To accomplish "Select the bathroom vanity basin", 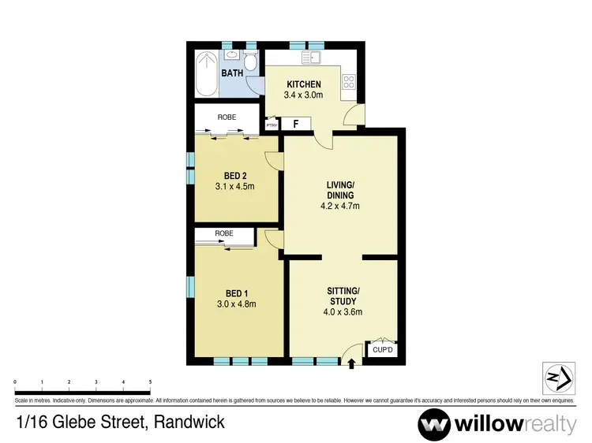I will tap(233, 56).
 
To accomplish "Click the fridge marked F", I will tap(296, 124).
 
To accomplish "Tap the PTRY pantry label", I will tap(272, 125).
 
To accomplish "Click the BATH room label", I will tap(232, 73).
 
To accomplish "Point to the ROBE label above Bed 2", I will tap(227, 117).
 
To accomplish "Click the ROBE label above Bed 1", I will tap(224, 234).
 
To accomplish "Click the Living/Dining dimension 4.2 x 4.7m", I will tap(340, 206).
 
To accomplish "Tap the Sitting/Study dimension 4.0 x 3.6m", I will tap(343, 311).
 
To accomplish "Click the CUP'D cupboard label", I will tap(383, 350).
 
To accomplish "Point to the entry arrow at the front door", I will tap(352, 363).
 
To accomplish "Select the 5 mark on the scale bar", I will tap(150, 382).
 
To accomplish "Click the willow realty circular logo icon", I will tap(436, 424).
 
